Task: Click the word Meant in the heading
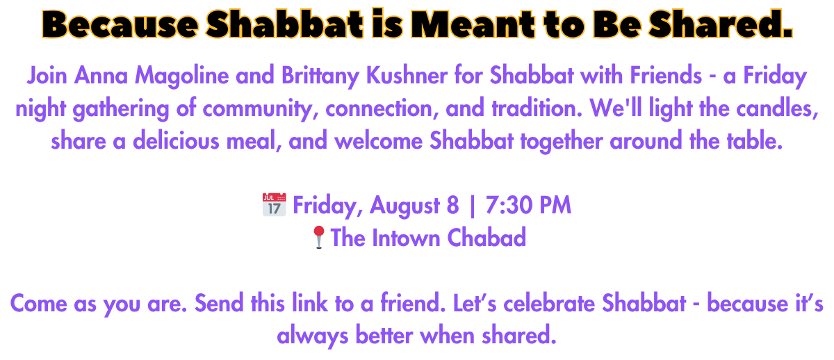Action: [473, 24]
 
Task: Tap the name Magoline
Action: [181, 76]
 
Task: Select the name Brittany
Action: [320, 76]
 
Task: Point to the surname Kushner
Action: [407, 76]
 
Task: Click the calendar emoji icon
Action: [274, 204]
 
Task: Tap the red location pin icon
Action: [319, 237]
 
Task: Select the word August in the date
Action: [404, 206]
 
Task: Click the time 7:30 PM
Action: [528, 205]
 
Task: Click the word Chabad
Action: [486, 238]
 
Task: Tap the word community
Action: [260, 109]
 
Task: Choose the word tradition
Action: [537, 108]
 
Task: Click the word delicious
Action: [176, 140]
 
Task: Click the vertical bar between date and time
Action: [473, 206]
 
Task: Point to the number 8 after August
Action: [452, 205]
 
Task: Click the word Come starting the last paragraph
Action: [39, 304]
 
